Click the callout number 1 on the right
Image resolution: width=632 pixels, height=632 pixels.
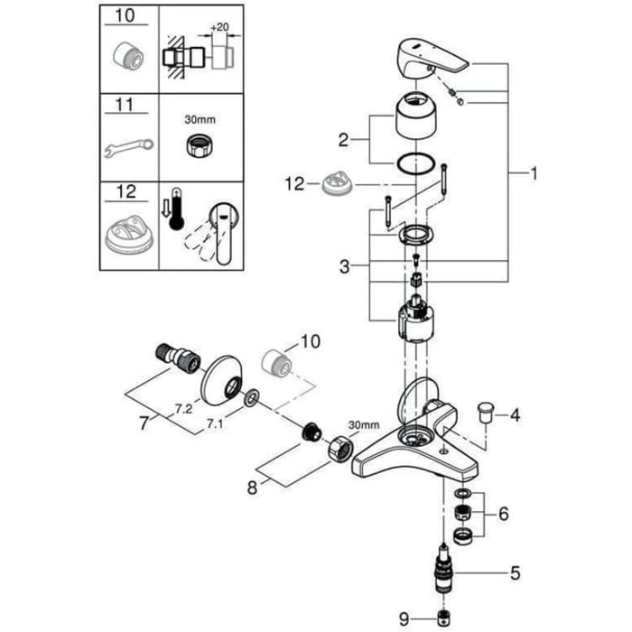coord(534,173)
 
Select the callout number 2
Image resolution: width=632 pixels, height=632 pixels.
coord(343,140)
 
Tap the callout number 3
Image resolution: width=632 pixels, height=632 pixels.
coord(344,266)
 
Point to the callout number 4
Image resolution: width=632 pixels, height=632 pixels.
coord(516,414)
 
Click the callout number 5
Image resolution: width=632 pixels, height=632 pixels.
coord(516,572)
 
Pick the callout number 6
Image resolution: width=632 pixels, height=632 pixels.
coord(504,514)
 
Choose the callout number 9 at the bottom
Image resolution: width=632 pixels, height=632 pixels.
coord(404,618)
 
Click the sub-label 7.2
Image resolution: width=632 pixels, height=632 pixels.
coord(183,410)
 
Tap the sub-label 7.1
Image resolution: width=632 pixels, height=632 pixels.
coord(215,424)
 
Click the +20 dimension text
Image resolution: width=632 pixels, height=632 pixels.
coord(219,27)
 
